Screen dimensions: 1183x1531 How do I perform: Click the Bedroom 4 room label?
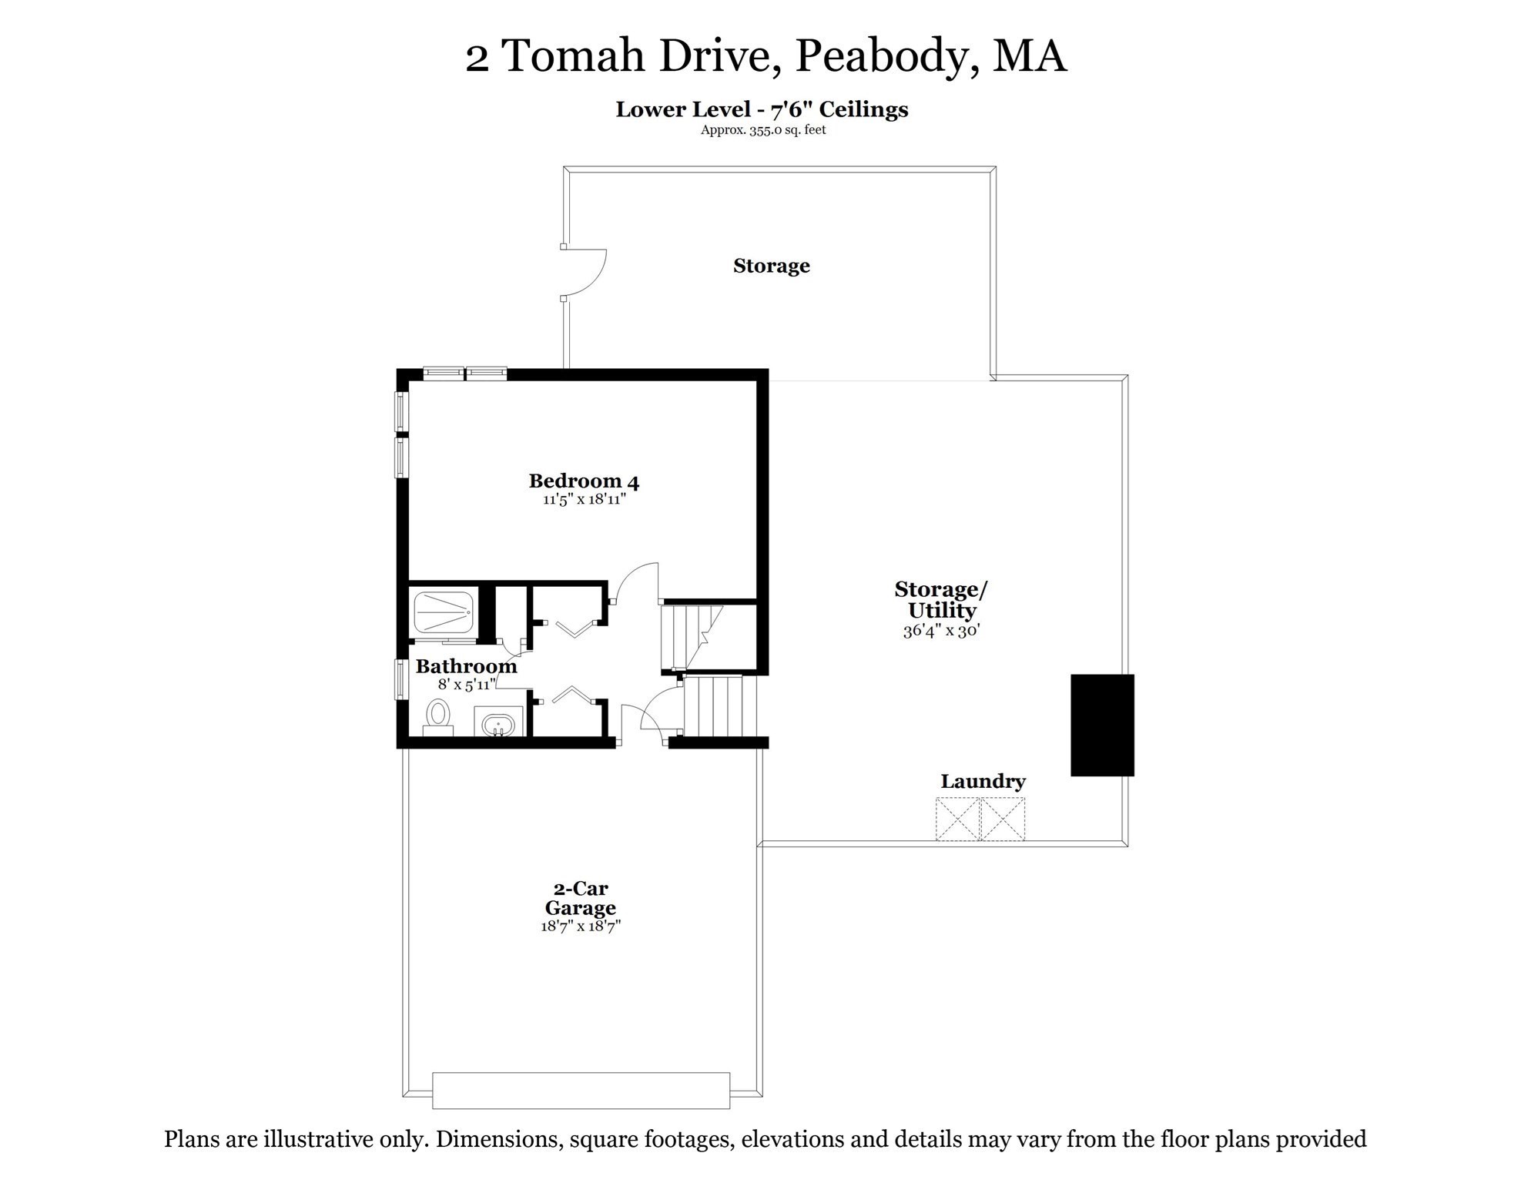pos(584,481)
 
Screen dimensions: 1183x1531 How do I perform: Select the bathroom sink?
pos(498,724)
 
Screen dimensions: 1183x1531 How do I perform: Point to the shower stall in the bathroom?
pos(443,612)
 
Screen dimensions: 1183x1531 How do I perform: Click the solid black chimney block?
pos(1102,725)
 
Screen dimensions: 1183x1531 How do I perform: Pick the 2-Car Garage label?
pos(580,898)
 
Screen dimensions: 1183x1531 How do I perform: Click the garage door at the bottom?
pos(581,1090)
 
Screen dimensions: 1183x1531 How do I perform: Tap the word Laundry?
pos(983,782)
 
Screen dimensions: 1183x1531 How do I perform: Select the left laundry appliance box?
pos(957,819)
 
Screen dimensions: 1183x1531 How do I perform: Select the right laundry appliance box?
pos(1003,819)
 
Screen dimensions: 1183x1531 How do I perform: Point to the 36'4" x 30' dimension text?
pos(941,631)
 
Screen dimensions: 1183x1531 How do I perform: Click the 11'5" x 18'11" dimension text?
pos(584,499)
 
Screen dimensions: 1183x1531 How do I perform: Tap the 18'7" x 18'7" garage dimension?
pos(581,926)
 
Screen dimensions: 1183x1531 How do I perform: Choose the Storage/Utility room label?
pos(941,600)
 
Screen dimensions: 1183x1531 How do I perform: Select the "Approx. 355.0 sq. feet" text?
pos(762,130)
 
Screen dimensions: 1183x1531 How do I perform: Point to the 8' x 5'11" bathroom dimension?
pos(467,684)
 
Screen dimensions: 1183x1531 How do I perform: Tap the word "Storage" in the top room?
pos(771,266)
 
